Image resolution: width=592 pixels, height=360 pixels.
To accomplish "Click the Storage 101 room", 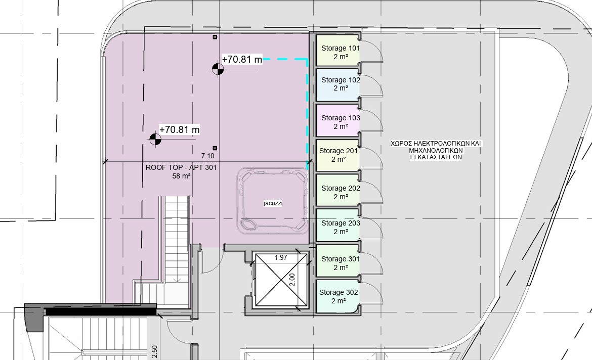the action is pyautogui.click(x=337, y=51).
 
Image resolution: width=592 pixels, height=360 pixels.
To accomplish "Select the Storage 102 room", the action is pyautogui.click(x=337, y=85).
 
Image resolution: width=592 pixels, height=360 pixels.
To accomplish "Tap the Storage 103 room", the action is pyautogui.click(x=337, y=120).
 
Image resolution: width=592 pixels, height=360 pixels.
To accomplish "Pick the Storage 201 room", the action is pyautogui.click(x=337, y=155).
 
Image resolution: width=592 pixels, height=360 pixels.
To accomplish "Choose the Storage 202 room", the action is pyautogui.click(x=337, y=190).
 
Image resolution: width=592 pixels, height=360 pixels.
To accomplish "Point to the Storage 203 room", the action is pyautogui.click(x=337, y=226).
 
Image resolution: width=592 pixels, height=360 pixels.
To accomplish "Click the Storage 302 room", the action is pyautogui.click(x=337, y=296).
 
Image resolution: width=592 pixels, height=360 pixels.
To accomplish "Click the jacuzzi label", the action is pyautogui.click(x=273, y=203).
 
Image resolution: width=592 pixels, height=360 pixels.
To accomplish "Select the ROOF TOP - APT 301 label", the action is pyautogui.click(x=181, y=167).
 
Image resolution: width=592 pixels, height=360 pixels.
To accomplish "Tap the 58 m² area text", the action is pyautogui.click(x=181, y=176).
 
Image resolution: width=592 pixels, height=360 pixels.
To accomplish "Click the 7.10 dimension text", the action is pyautogui.click(x=207, y=156).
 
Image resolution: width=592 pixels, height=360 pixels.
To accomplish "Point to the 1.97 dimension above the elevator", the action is pyautogui.click(x=281, y=257).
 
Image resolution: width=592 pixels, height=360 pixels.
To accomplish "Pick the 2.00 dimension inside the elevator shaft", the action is pyautogui.click(x=292, y=280).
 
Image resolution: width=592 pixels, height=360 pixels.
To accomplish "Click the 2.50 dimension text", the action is pyautogui.click(x=154, y=352).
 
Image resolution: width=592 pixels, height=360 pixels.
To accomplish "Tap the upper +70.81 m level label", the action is pyautogui.click(x=242, y=59).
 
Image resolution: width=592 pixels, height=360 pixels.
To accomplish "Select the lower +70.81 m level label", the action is pyautogui.click(x=179, y=129).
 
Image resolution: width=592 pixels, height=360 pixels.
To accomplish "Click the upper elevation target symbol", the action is pyautogui.click(x=218, y=69).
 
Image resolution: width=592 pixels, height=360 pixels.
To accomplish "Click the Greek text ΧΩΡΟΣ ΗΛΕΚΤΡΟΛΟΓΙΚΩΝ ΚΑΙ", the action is pyautogui.click(x=436, y=144).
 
